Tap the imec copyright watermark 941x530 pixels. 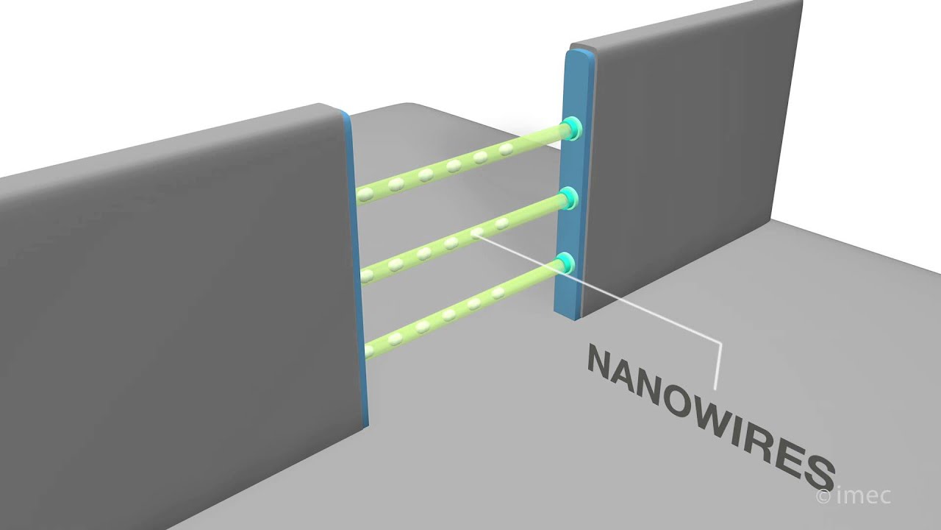[854, 495]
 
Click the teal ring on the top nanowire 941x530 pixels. [572, 128]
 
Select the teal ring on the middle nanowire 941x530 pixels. [570, 198]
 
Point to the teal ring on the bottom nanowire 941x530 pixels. [566, 263]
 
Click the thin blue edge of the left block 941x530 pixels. [357, 269]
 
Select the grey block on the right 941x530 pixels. [689, 155]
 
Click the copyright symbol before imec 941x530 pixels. [823, 497]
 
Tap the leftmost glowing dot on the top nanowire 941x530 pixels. [365, 194]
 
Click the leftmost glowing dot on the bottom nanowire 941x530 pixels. [369, 350]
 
